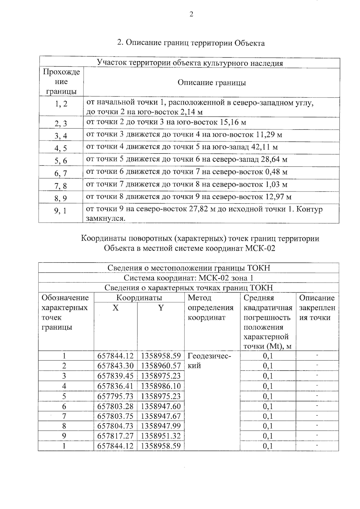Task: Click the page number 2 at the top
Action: click(191, 14)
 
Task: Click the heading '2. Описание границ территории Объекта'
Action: click(191, 43)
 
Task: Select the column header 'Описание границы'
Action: click(211, 83)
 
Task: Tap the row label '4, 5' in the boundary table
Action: click(61, 148)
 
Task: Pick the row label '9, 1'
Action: click(61, 211)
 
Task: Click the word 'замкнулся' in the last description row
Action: click(105, 218)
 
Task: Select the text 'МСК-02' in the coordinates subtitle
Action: click(260, 248)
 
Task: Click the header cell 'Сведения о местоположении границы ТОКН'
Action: click(189, 268)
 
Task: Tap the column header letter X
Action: click(115, 308)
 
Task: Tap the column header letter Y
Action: click(161, 308)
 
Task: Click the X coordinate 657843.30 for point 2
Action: click(115, 366)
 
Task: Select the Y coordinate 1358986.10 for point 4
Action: click(161, 386)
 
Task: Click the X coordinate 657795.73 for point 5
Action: click(115, 396)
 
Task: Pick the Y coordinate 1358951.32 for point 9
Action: click(161, 436)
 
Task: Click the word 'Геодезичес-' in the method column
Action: click(209, 356)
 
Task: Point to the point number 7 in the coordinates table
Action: click(64, 416)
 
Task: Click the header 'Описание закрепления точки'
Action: click(317, 308)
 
